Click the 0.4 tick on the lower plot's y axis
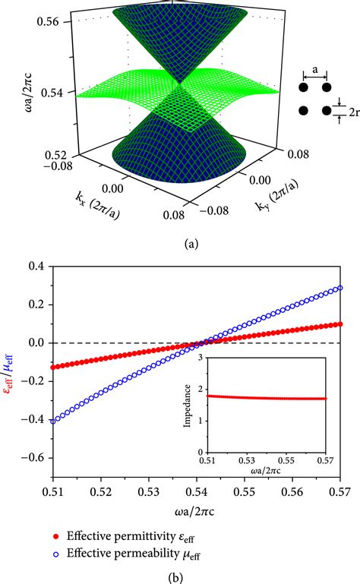point(35,265)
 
